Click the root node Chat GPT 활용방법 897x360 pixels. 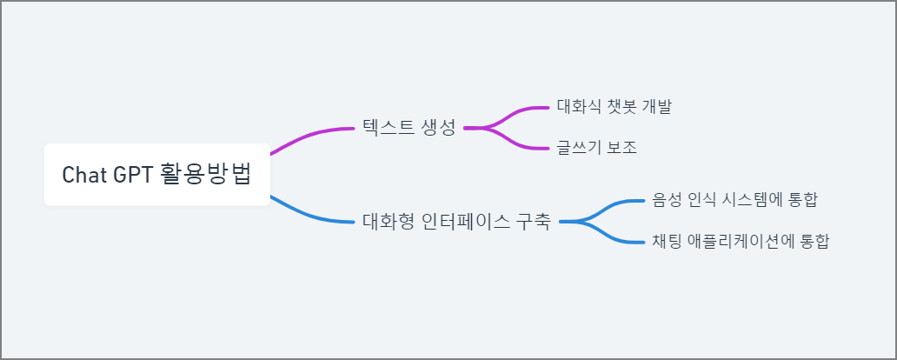pyautogui.click(x=156, y=175)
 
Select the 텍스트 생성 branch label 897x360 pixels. pyautogui.click(x=409, y=128)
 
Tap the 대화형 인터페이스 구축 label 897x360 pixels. pyautogui.click(x=456, y=221)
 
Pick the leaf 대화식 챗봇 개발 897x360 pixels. pyautogui.click(x=614, y=107)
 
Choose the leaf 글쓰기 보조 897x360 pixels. pyautogui.click(x=597, y=148)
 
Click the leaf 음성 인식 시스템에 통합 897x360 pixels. pyautogui.click(x=734, y=200)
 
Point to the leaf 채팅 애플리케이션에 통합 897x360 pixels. pyautogui.click(x=741, y=241)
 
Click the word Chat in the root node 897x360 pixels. pyautogui.click(x=83, y=175)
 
